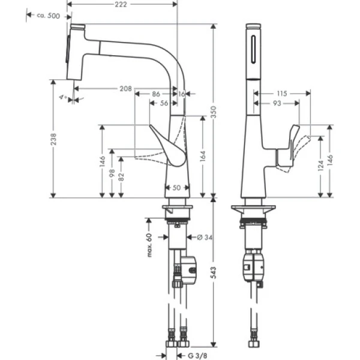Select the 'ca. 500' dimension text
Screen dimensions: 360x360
pos(49,16)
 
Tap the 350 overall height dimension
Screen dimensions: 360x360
pos(219,110)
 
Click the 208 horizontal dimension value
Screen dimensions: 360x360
pos(125,88)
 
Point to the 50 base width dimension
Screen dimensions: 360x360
pos(177,188)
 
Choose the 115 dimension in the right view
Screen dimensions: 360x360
pos(283,93)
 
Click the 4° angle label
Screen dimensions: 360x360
pos(62,95)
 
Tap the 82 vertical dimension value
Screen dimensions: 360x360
pos(122,175)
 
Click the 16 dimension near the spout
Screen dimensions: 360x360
pos(182,94)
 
